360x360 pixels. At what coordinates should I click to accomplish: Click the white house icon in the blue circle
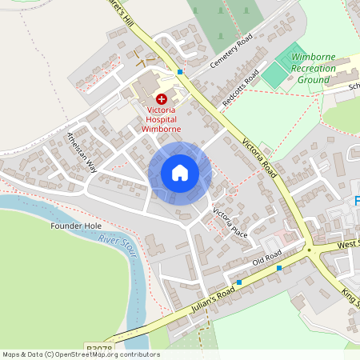tap(180, 173)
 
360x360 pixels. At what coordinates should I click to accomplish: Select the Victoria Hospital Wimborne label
tap(161, 120)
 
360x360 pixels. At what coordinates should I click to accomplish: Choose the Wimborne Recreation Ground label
tap(312, 69)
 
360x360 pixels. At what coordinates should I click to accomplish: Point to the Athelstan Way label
tap(82, 153)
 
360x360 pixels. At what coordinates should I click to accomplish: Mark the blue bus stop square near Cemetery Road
tap(180, 72)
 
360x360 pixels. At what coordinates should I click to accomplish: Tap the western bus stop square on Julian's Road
tap(238, 282)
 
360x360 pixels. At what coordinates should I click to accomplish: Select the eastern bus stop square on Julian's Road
tap(279, 268)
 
